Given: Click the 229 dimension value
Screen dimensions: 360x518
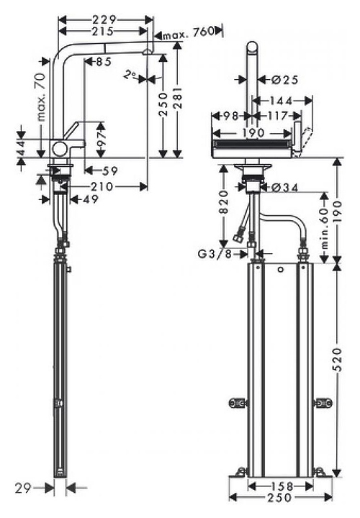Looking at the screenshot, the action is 104,20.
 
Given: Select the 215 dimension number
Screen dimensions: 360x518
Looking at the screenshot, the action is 102,32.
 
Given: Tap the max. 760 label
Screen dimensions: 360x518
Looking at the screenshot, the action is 188,32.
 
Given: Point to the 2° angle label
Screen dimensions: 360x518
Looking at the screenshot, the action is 130,75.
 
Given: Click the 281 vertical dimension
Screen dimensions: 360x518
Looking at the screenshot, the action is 178,98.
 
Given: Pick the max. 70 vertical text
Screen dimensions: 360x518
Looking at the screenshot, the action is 41,96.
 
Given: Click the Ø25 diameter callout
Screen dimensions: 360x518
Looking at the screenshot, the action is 285,80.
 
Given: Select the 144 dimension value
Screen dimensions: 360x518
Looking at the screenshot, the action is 281,101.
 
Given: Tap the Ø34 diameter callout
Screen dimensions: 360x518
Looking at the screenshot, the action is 285,188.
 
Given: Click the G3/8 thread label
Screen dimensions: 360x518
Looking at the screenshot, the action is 215,254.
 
